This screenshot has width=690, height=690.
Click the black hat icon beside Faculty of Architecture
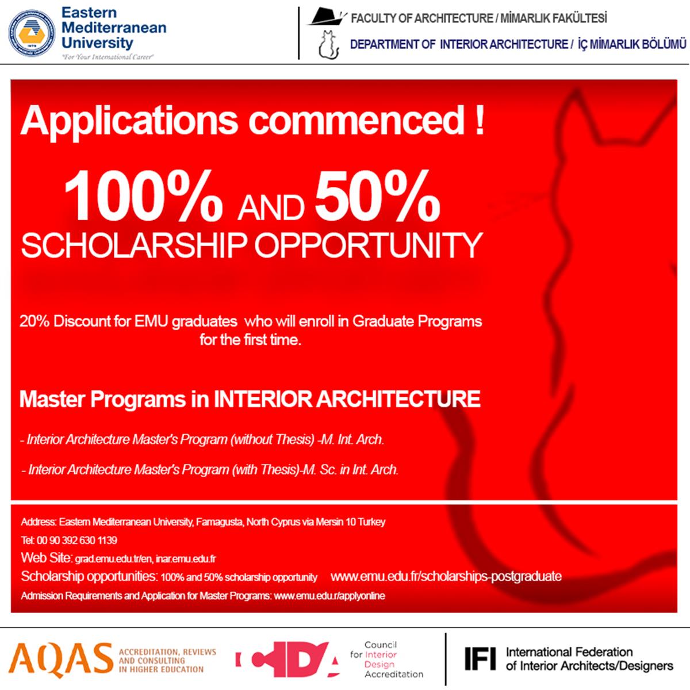[327, 17]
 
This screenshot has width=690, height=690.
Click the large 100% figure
[143, 197]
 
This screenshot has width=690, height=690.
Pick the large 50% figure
[377, 197]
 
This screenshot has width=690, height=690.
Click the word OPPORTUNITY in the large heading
[368, 246]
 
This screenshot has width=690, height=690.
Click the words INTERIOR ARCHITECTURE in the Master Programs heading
[347, 400]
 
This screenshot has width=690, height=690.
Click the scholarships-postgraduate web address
[446, 576]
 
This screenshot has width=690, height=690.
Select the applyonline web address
[329, 596]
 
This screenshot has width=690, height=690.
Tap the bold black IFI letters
[480, 659]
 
